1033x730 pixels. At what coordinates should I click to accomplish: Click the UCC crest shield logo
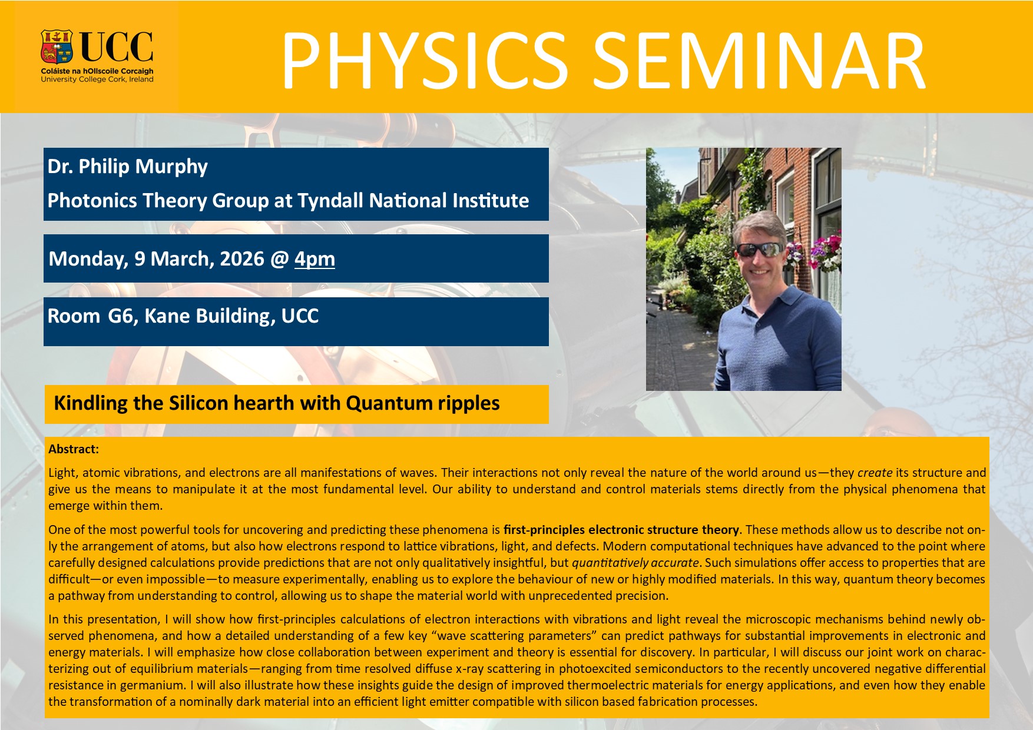pyautogui.click(x=57, y=47)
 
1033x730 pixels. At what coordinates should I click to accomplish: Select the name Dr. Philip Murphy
pyautogui.click(x=128, y=167)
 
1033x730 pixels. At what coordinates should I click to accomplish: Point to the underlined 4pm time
pyautogui.click(x=314, y=259)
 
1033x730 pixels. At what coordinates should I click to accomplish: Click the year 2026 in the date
pyautogui.click(x=242, y=258)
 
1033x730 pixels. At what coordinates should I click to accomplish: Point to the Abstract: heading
pyautogui.click(x=74, y=449)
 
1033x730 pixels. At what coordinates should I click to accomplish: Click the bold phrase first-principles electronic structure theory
pyautogui.click(x=621, y=530)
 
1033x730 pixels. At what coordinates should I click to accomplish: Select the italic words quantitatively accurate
pyautogui.click(x=635, y=563)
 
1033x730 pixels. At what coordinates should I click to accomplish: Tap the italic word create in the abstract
pyautogui.click(x=875, y=473)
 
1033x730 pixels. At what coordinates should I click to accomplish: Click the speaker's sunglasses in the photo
pyautogui.click(x=760, y=249)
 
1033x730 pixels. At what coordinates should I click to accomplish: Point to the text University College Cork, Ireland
pyautogui.click(x=97, y=79)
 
